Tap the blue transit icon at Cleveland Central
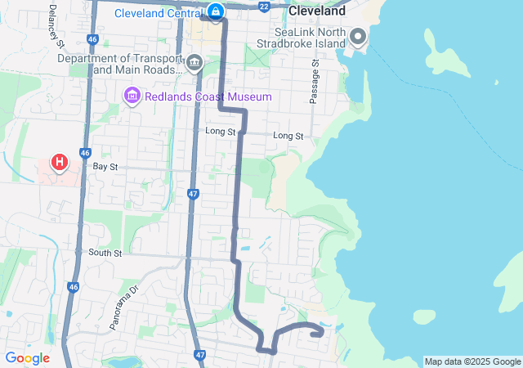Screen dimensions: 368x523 215,11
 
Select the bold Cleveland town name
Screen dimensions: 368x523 317,13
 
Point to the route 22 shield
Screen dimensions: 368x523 263,6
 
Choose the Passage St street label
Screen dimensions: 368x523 313,81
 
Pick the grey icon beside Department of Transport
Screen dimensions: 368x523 194,63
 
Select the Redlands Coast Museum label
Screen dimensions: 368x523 208,96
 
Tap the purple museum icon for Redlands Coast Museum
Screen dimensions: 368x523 131,96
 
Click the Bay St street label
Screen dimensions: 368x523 105,166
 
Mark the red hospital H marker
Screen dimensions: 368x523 59,162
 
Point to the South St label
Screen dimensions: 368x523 105,253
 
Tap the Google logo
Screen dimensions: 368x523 27,357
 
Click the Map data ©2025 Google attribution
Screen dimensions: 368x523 472,361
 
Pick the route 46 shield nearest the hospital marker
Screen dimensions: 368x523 85,153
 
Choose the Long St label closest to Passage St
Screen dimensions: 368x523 288,135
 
